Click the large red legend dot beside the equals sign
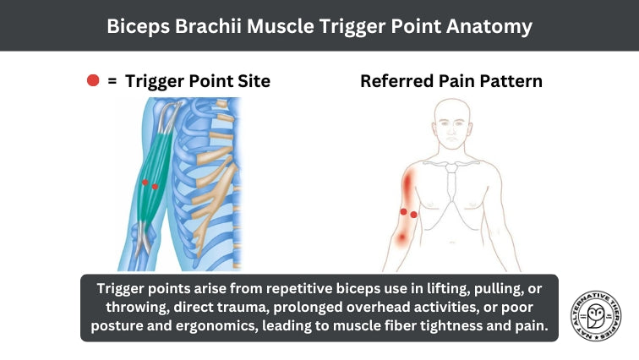[x=93, y=81]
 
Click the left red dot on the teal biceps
[x=145, y=182]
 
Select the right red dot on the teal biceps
[x=155, y=186]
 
